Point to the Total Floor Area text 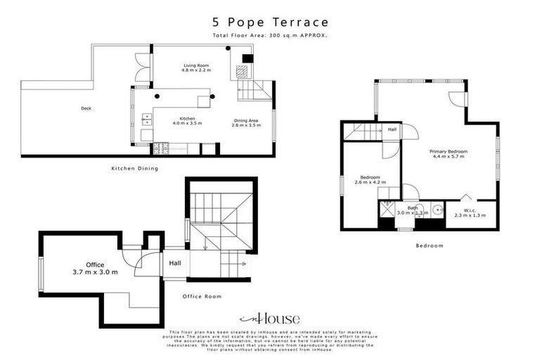270,35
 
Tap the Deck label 86,108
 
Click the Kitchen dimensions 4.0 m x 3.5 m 187,124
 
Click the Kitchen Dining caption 135,169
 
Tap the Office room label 95,265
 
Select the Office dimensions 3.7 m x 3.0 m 95,272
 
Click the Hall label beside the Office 175,263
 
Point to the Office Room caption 202,297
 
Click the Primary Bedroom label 449,151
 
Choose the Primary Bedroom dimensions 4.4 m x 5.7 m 449,157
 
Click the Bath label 413,208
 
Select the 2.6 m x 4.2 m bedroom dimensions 371,183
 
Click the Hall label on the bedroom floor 391,129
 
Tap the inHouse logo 270,318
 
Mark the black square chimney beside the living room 247,58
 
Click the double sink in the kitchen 148,118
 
